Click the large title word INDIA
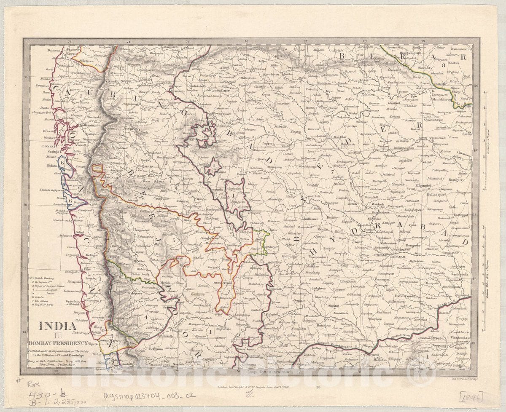[x=58, y=325]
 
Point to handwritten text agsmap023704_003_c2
[x=149, y=396]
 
